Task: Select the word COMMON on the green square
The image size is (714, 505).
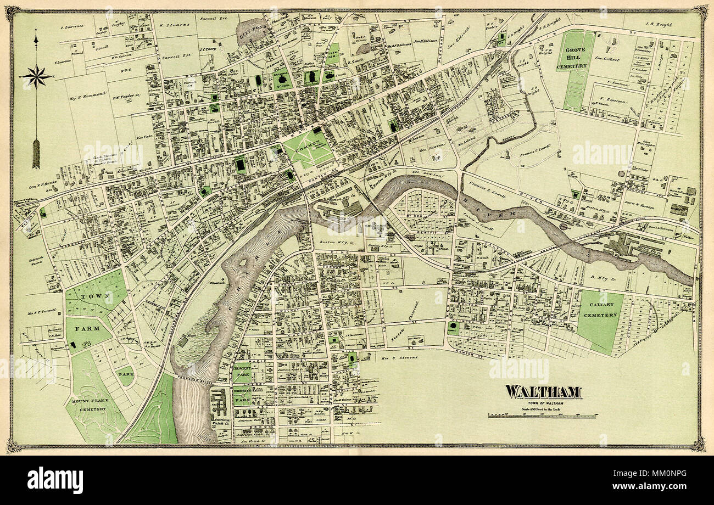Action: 308,149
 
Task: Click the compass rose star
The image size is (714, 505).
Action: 36,76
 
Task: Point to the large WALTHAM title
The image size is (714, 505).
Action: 543,392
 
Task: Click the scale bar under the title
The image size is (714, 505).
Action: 542,417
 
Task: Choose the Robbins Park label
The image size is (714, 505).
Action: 242,397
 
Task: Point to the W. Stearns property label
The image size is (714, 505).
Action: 176,25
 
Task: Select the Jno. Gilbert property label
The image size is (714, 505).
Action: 607,59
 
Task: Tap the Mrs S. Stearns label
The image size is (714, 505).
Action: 399,357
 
